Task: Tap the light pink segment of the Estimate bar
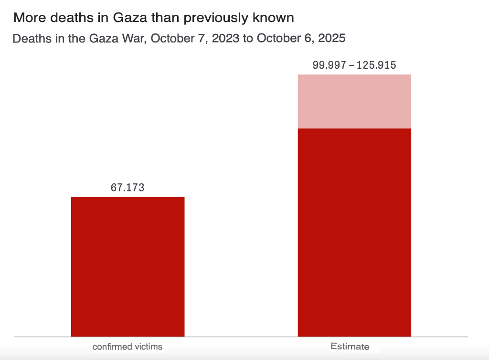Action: (x=354, y=101)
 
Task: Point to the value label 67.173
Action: (x=128, y=188)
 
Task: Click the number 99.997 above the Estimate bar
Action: (x=329, y=65)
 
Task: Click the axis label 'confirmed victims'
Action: (x=128, y=347)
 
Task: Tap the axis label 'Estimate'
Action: (x=350, y=347)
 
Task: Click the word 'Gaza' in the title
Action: (x=129, y=18)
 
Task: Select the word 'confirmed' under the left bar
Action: (x=111, y=347)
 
